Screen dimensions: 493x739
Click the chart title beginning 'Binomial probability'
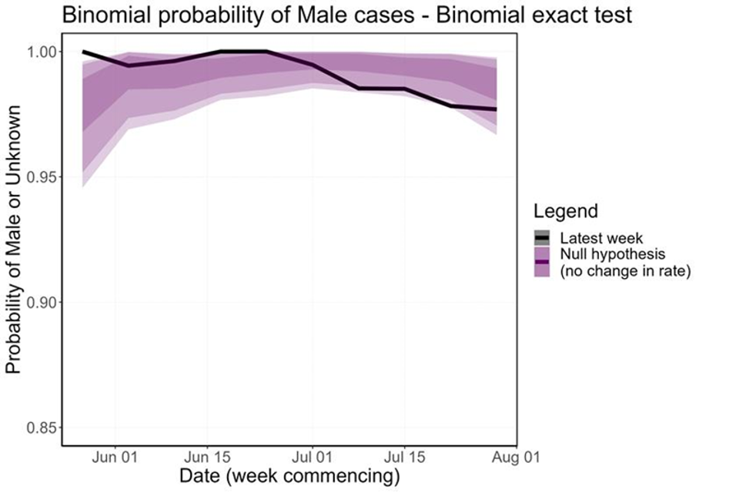[347, 15]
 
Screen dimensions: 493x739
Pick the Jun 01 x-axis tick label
[115, 456]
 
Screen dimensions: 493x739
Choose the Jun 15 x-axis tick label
[207, 456]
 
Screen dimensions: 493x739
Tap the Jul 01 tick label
[312, 456]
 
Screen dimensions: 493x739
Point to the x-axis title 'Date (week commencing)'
[289, 476]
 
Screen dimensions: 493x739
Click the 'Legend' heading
[566, 211]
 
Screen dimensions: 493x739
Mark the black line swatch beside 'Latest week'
[543, 237]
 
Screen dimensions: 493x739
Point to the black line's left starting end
[83, 52]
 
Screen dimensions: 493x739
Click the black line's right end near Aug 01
[495, 109]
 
